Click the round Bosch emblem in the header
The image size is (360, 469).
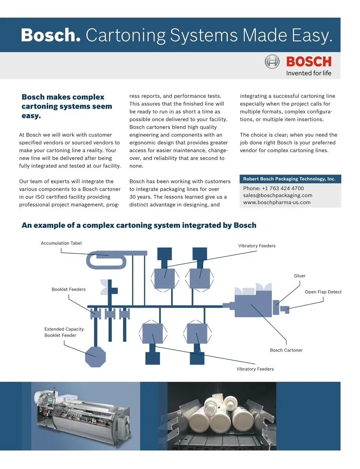click(x=272, y=61)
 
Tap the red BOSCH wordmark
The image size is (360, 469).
click(x=309, y=61)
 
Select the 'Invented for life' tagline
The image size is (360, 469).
click(x=309, y=73)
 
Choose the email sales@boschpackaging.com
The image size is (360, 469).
click(x=277, y=195)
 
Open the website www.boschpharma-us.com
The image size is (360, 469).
click(x=277, y=202)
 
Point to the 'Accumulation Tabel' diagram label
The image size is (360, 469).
click(x=61, y=243)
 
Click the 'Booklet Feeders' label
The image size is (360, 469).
click(x=69, y=289)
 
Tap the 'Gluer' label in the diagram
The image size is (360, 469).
click(x=300, y=276)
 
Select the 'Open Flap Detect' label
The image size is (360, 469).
click(x=323, y=292)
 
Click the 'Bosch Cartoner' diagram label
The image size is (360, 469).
click(x=286, y=350)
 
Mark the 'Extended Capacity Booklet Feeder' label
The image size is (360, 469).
click(x=64, y=332)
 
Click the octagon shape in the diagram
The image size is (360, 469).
click(x=95, y=357)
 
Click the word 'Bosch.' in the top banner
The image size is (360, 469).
click(x=51, y=35)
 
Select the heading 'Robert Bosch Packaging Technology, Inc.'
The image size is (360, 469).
click(x=289, y=179)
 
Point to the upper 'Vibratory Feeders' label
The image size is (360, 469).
click(x=257, y=246)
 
